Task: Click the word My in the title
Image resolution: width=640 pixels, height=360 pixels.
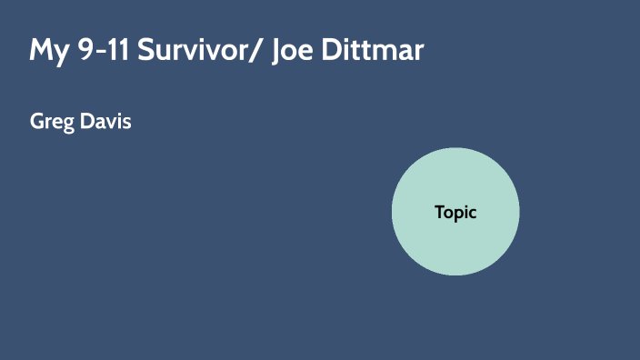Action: [x=47, y=49]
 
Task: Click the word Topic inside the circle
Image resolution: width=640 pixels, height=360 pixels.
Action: [x=455, y=212]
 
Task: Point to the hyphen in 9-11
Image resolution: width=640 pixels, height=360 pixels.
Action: [x=93, y=51]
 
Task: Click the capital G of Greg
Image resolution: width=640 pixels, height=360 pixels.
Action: [x=37, y=121]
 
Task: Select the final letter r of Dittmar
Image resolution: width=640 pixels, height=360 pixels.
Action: [x=418, y=51]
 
